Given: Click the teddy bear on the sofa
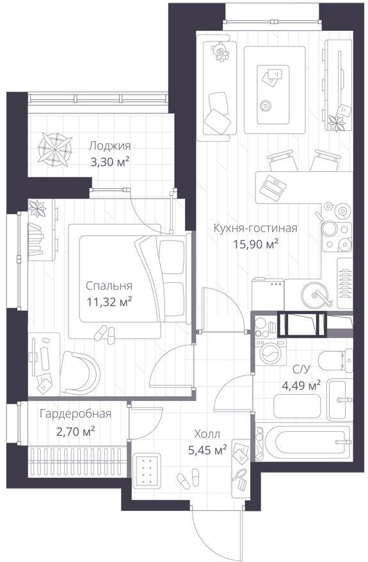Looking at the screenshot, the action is coord(220,52).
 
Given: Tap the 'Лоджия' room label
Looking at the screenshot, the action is coord(110,146).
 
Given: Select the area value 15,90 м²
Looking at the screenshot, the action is coord(256,245).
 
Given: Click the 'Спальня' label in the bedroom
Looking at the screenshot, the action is coord(109,286).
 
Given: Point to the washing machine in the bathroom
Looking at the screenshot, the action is coord(271,352).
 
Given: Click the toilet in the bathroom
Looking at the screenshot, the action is coord(336,360).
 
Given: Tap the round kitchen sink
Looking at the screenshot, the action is coord(316,294).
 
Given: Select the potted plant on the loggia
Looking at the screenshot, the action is coord(55,149).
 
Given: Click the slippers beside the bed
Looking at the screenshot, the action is coord(105,333).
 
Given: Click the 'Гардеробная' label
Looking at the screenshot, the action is coord(76,414).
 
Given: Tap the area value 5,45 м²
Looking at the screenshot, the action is coord(207,450).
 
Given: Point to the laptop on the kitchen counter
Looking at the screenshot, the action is coord(273,187).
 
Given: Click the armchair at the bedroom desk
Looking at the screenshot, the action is coord(79,373).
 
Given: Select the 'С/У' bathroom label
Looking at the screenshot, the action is coord(300,370).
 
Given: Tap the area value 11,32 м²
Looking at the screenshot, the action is coord(109,302).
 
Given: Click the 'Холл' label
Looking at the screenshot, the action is coord(207,435).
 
